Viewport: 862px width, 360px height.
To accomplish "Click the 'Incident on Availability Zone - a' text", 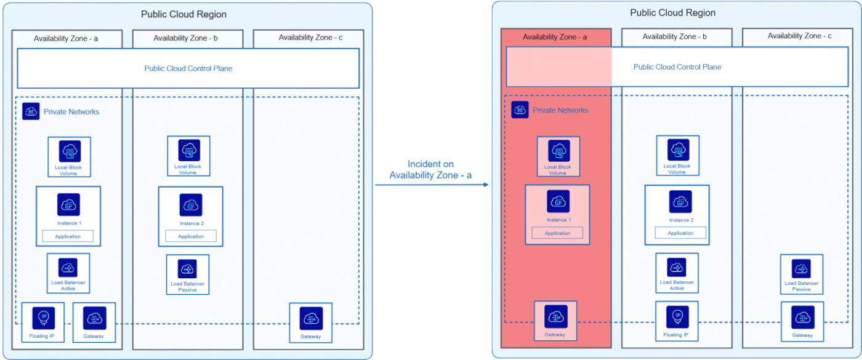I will click(430, 170).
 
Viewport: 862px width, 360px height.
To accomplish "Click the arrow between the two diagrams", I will click(431, 184).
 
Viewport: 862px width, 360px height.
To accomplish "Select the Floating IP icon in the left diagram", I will click(43, 318).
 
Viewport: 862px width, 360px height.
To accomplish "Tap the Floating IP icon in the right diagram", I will click(677, 316).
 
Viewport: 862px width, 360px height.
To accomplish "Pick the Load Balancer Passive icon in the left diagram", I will click(188, 269).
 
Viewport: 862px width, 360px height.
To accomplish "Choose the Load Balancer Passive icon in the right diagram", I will click(801, 268).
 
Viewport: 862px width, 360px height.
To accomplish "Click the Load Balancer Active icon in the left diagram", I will click(68, 268).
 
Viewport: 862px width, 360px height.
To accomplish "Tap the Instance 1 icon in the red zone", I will click(558, 201).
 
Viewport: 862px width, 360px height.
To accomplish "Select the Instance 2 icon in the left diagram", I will click(191, 205).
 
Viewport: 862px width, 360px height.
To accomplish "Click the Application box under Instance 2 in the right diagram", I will click(680, 233).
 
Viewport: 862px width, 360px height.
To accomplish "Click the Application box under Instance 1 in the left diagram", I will click(68, 236).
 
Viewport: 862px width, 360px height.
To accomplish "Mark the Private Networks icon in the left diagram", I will click(31, 111).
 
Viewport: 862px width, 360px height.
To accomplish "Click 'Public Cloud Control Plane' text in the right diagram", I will click(677, 67).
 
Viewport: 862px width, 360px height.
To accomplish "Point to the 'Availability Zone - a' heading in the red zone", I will click(555, 37).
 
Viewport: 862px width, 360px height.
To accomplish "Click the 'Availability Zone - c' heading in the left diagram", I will click(310, 38).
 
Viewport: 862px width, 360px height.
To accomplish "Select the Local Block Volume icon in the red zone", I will click(558, 151).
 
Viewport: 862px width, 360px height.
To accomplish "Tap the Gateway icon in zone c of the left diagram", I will click(311, 318).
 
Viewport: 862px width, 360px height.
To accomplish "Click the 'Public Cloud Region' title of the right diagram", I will click(673, 13).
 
